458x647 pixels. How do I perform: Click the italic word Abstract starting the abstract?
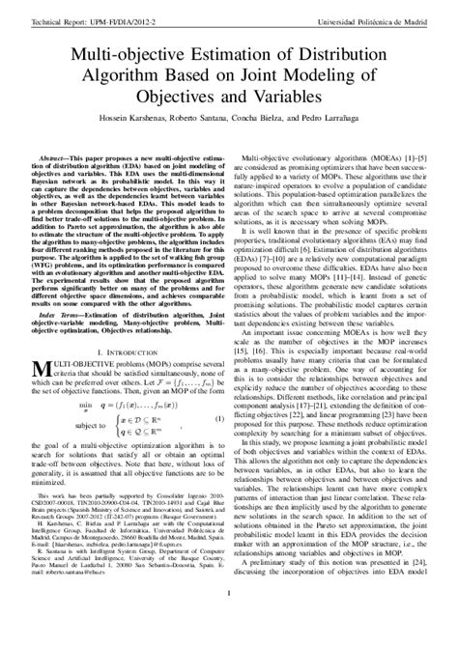(57, 155)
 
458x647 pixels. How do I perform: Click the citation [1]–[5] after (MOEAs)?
(411, 155)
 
